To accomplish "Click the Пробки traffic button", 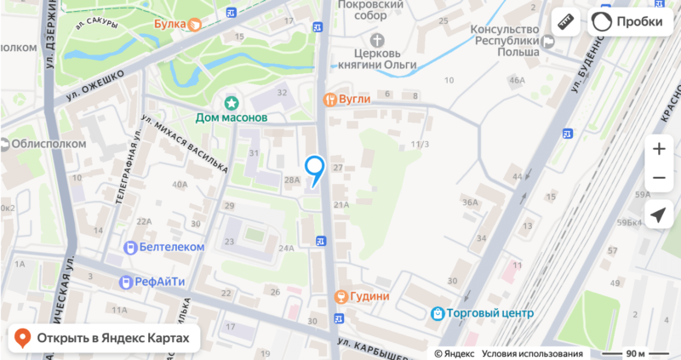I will (627, 23).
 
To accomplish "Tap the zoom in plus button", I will (658, 149).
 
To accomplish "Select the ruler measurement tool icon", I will (564, 23).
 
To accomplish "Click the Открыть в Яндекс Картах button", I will (103, 339).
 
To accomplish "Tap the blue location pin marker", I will (315, 169).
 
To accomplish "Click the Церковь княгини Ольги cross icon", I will (379, 40).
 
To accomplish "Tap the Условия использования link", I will (532, 353).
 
